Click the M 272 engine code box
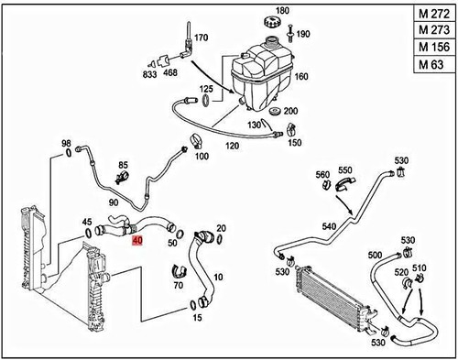[x=434, y=14]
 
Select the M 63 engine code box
[x=434, y=64]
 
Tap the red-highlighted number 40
[x=137, y=241]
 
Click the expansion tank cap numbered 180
[x=271, y=22]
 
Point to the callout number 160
[x=301, y=76]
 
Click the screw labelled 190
[x=290, y=33]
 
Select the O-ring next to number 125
[x=206, y=101]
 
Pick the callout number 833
[x=149, y=74]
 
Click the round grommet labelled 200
[x=276, y=112]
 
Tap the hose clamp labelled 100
[x=195, y=141]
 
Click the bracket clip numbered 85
[x=123, y=178]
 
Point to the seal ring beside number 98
[x=68, y=153]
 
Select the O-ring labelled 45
[x=88, y=234]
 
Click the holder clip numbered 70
[x=180, y=272]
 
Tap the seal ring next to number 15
[x=193, y=305]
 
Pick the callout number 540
[x=329, y=226]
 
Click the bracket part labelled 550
[x=344, y=184]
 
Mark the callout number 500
[x=375, y=255]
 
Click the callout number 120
[x=232, y=146]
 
